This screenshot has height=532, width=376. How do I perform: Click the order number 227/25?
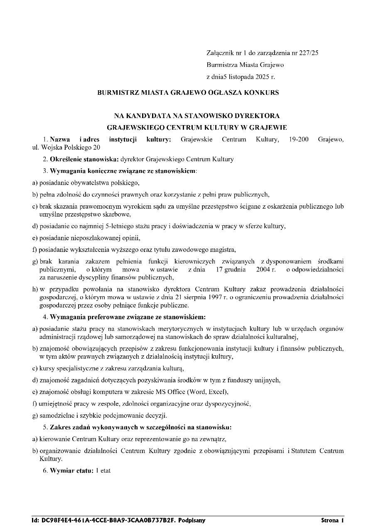310,53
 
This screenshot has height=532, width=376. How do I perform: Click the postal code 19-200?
298,139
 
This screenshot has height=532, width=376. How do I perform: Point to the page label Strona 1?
332,520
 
